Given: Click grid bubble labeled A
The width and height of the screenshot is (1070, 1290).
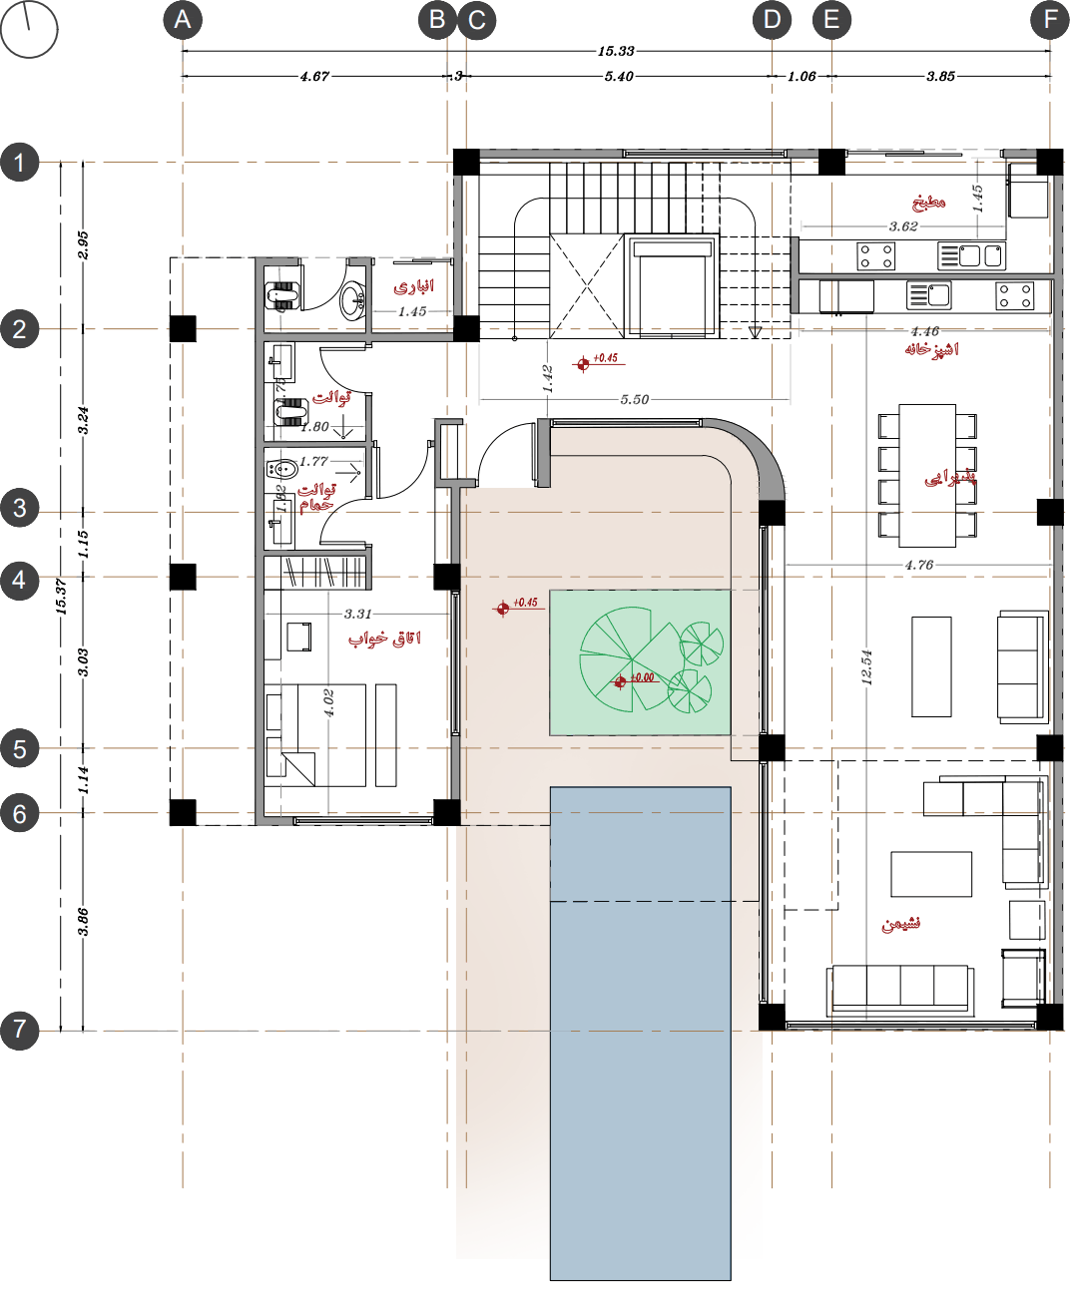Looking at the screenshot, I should click(x=183, y=20).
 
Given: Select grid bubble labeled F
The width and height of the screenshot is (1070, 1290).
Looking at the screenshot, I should click(x=1050, y=20).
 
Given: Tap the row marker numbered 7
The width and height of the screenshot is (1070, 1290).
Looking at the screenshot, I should click(x=20, y=1030).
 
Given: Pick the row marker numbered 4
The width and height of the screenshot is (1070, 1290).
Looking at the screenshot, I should click(x=20, y=580).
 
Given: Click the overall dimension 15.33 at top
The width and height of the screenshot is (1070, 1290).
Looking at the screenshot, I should click(x=616, y=51).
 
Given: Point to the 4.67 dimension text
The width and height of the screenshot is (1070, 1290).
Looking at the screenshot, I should click(x=314, y=77).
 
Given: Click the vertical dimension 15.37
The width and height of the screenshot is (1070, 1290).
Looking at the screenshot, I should click(x=61, y=596).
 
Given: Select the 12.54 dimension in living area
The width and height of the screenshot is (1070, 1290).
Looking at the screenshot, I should click(x=866, y=666).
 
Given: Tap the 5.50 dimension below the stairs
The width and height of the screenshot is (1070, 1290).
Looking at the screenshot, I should click(x=634, y=400).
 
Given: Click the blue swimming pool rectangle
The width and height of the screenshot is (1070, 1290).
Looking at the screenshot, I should click(x=640, y=1033).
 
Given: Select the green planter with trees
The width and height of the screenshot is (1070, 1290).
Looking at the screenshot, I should click(x=640, y=662).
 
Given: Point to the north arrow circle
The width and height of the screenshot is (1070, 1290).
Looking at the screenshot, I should click(x=29, y=29).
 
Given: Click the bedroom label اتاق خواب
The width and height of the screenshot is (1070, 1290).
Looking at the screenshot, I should click(x=384, y=639).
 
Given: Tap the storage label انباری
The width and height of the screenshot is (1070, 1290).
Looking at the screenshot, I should click(x=413, y=287).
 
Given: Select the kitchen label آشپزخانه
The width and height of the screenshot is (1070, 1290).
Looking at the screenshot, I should click(x=931, y=349).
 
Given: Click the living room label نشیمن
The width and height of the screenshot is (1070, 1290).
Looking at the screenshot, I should click(x=900, y=924).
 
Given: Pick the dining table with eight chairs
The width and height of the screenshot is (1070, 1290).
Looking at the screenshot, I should click(x=927, y=475).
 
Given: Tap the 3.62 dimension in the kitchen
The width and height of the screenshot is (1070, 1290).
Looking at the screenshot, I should click(x=903, y=226).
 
